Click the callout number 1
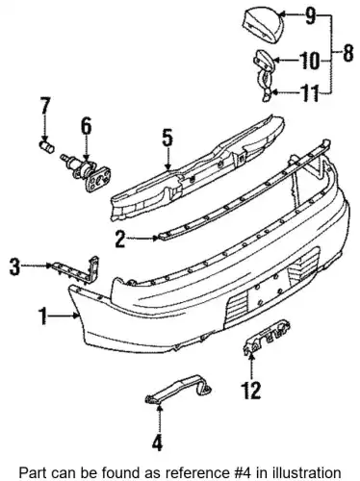click(43, 316)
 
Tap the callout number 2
click(120, 239)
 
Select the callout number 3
click(14, 266)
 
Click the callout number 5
click(167, 138)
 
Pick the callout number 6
click(86, 126)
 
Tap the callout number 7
click(45, 106)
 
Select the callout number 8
click(348, 53)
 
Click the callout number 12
click(251, 390)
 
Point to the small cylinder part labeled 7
click(47, 147)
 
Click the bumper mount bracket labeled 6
click(86, 171)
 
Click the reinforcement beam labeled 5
click(197, 167)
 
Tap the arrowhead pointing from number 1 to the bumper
click(77, 316)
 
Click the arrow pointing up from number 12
click(251, 367)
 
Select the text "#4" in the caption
click(246, 472)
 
